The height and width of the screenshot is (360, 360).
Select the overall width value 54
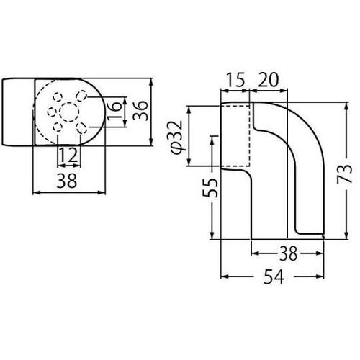[x=274, y=276]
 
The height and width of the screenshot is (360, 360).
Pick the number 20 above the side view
[x=269, y=80]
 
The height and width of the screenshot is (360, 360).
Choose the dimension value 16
[x=114, y=112]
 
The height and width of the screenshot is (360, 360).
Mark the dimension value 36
[x=140, y=111]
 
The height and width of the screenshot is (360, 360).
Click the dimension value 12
[x=68, y=155]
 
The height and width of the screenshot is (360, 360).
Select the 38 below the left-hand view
[x=67, y=181]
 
